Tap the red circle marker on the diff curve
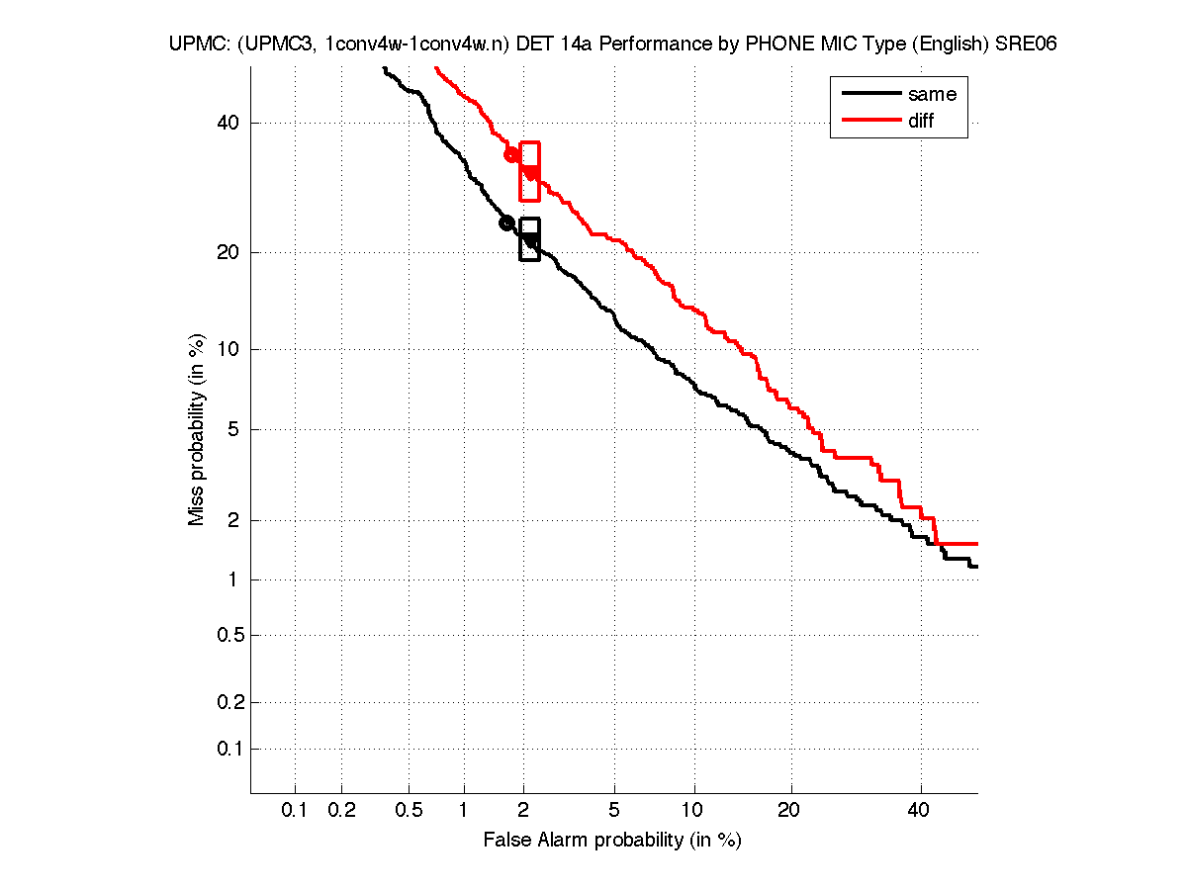pos(511,154)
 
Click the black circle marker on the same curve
pos(506,223)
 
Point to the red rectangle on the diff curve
pos(530,171)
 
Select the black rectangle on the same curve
pos(529,239)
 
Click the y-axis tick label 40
pos(228,123)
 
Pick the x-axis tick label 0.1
pos(295,811)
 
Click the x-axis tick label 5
pos(614,811)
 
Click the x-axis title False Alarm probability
pos(612,840)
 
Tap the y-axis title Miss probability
pos(197,427)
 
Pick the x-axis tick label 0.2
pos(341,811)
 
